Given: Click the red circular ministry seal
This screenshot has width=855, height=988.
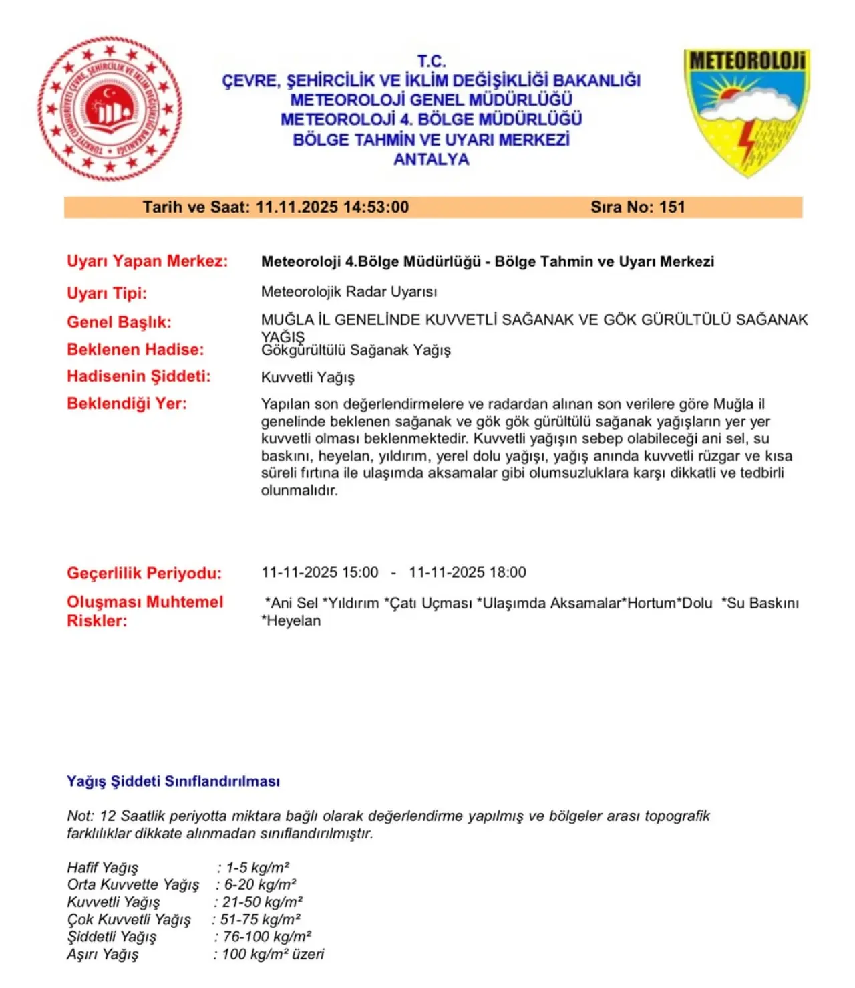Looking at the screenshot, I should pyautogui.click(x=110, y=108).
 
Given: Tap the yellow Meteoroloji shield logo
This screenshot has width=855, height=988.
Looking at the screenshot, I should pyautogui.click(x=746, y=110).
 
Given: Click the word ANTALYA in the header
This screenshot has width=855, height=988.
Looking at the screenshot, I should pyautogui.click(x=431, y=160).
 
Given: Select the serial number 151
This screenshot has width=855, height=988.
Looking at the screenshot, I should pyautogui.click(x=672, y=207).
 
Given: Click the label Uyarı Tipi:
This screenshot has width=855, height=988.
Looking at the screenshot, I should pyautogui.click(x=106, y=293).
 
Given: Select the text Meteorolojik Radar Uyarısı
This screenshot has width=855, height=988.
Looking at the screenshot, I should pyautogui.click(x=349, y=292).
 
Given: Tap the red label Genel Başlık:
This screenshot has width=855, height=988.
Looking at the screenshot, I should pyautogui.click(x=119, y=322).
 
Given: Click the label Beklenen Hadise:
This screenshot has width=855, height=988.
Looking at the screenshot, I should pyautogui.click(x=135, y=350).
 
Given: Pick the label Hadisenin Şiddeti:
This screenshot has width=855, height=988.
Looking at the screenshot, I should pyautogui.click(x=138, y=376).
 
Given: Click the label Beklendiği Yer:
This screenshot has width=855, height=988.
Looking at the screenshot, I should pyautogui.click(x=126, y=404).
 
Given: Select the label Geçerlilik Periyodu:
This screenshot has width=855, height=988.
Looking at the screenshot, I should pyautogui.click(x=144, y=573).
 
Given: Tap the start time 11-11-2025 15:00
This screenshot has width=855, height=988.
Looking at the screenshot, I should pyautogui.click(x=319, y=573).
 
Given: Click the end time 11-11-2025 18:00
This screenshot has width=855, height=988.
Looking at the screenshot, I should pyautogui.click(x=467, y=573).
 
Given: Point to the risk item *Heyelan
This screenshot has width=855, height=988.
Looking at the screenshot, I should pyautogui.click(x=291, y=621).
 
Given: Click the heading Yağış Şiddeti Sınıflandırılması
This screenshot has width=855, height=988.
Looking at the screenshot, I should pyautogui.click(x=173, y=781).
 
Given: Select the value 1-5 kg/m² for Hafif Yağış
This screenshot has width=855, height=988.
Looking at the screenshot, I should pyautogui.click(x=257, y=868).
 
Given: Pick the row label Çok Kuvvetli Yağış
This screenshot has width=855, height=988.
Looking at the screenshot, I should pyautogui.click(x=128, y=920).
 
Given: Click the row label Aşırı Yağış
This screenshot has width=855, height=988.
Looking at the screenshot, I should pyautogui.click(x=102, y=955).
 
